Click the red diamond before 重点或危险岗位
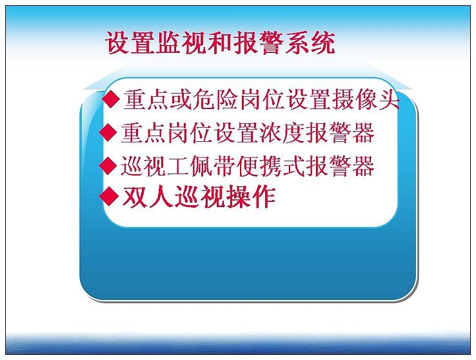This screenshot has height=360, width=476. [x=111, y=99]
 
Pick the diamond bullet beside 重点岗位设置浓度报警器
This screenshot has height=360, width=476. [x=108, y=132]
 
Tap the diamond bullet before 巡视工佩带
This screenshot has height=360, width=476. [x=108, y=165]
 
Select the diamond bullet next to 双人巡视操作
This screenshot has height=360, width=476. [x=108, y=196]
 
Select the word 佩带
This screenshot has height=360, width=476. [x=213, y=166]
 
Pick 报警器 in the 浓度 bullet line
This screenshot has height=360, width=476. [x=340, y=132]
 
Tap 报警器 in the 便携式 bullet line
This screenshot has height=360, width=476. [x=340, y=166]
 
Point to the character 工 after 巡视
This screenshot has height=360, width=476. [x=178, y=166]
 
